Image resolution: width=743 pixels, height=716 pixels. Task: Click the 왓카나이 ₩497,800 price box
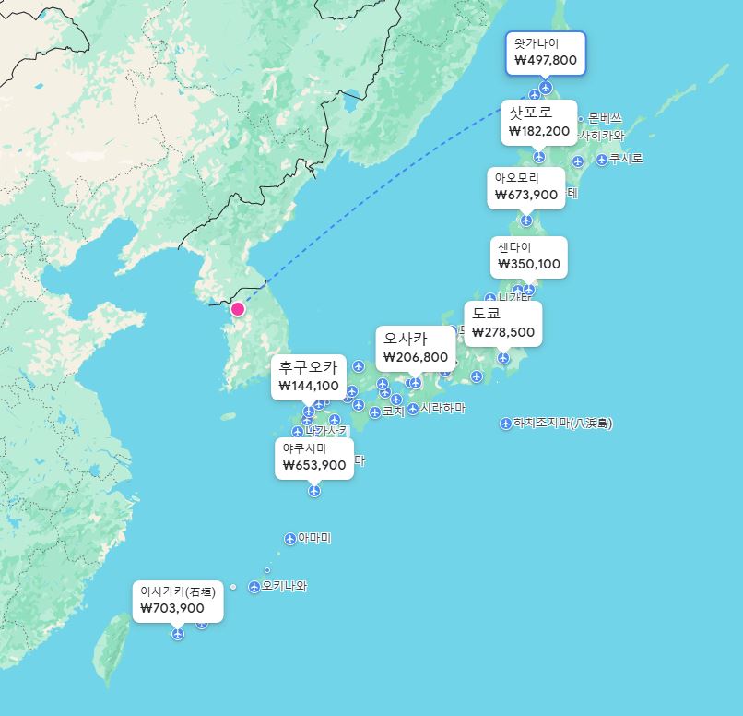coord(546,53)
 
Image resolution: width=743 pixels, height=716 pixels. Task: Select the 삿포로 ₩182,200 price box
coord(539,122)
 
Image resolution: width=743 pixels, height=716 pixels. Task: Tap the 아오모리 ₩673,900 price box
coord(526,186)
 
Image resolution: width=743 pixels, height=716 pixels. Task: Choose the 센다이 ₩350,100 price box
coord(529,256)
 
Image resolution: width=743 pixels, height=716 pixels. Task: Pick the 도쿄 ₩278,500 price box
coord(502,324)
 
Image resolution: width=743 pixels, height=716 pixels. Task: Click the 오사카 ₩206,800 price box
coord(415,348)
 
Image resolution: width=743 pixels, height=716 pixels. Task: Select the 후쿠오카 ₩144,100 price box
coord(309,376)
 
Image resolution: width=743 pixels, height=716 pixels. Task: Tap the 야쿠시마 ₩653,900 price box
coord(314,458)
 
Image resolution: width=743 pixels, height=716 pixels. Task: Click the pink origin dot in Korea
coord(238,309)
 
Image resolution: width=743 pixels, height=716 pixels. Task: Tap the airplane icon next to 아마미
coord(290,539)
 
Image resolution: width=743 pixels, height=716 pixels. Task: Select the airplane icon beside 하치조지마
coord(506,424)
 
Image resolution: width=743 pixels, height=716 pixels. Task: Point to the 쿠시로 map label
coord(626,159)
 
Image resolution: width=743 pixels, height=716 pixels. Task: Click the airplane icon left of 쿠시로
coord(602,160)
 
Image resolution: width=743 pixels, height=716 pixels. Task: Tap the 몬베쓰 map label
coord(605,118)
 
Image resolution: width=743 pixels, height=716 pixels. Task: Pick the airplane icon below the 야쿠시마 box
coord(314,491)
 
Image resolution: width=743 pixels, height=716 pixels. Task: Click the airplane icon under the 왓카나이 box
coord(546,88)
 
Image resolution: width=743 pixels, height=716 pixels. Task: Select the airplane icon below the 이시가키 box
coord(178,634)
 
